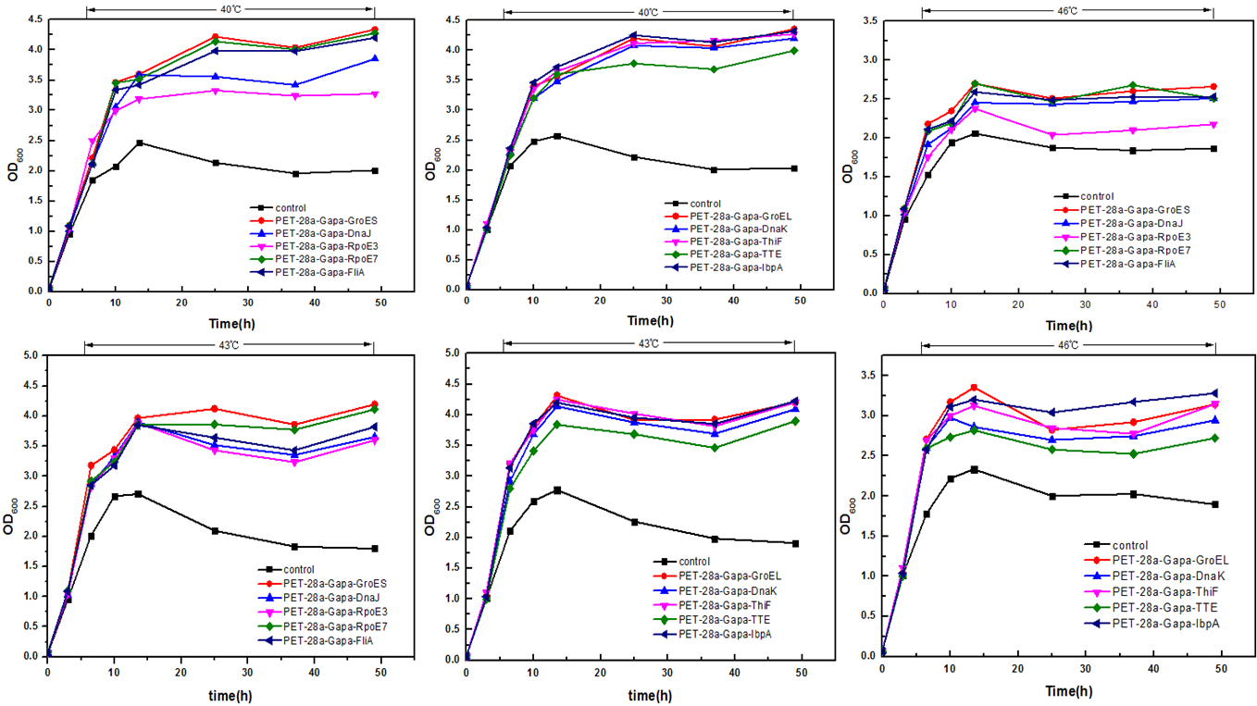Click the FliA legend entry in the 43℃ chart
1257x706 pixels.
tap(334, 639)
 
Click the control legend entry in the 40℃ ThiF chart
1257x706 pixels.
tap(710, 204)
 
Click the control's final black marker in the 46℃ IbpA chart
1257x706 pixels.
tap(1214, 504)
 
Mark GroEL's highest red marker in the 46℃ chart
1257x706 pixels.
tap(974, 388)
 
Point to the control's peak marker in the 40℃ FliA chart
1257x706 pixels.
tap(139, 142)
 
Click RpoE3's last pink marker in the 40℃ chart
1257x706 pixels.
tap(375, 93)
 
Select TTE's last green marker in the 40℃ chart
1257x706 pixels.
tap(793, 50)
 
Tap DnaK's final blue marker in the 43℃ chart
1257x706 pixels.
tap(794, 408)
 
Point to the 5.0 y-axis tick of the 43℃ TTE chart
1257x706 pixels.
tap(452, 353)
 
